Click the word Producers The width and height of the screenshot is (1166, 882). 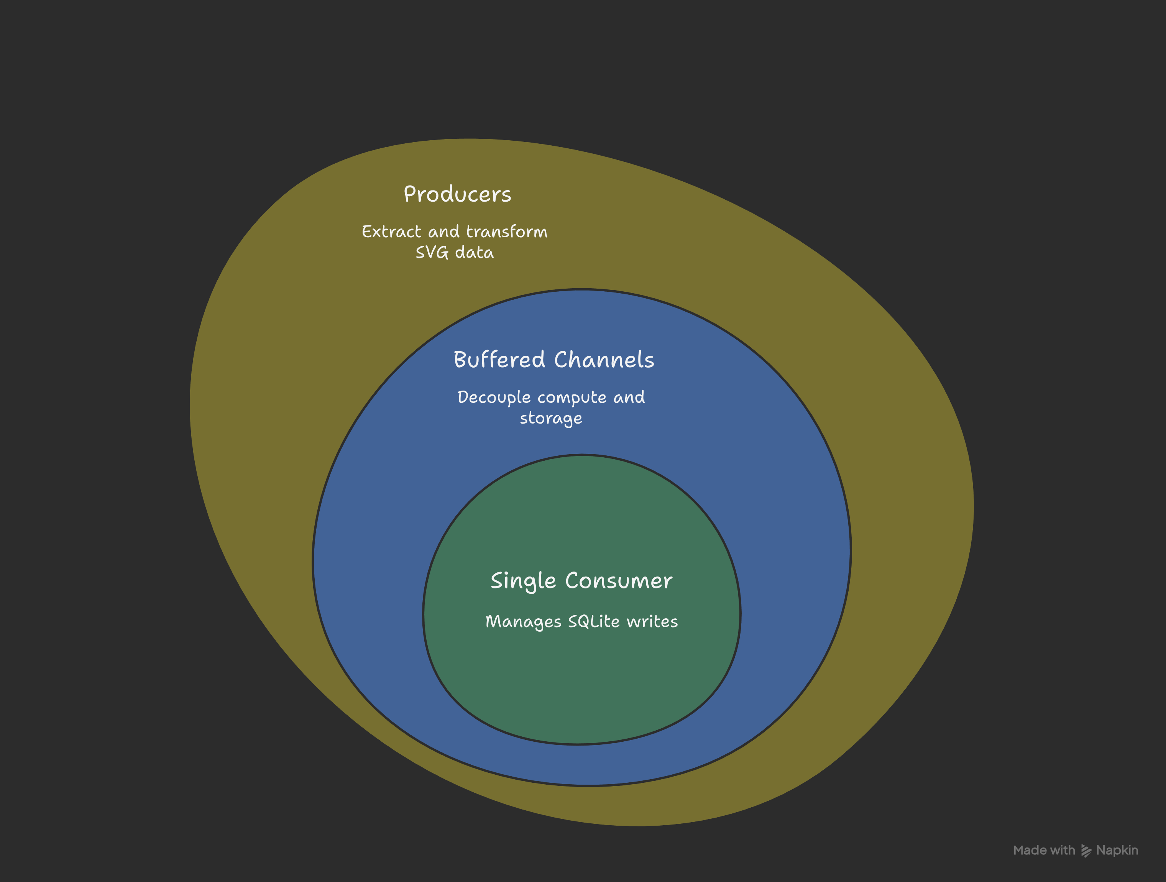pos(457,195)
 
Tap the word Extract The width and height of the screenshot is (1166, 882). pos(391,232)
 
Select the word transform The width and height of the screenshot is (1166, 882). pos(507,232)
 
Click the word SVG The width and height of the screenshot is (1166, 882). pos(432,253)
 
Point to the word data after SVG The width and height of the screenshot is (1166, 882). pos(474,253)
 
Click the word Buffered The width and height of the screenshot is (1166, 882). pos(499,360)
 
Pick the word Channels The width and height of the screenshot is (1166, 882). pos(604,360)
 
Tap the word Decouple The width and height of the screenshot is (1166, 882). pos(493,397)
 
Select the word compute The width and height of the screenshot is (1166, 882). pos(572,397)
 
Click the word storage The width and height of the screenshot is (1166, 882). pos(551,419)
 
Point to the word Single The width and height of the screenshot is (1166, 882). pos(523,581)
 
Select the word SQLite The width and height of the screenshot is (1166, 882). pos(594,622)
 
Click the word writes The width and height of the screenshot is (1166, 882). pos(652,622)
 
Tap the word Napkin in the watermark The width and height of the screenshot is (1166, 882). pos(1117,850)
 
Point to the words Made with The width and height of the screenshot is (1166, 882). pos(1044,850)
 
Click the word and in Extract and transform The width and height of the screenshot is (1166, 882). pos(443,232)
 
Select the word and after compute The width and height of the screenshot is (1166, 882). pos(629,397)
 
